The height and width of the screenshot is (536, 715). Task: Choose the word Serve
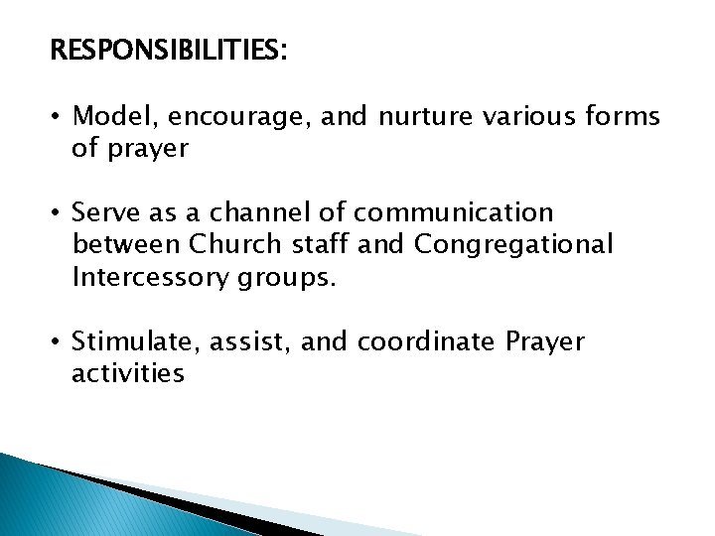[x=106, y=213]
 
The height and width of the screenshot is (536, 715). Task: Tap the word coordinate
[x=439, y=341]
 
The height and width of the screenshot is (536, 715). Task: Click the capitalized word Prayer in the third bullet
[x=545, y=342]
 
